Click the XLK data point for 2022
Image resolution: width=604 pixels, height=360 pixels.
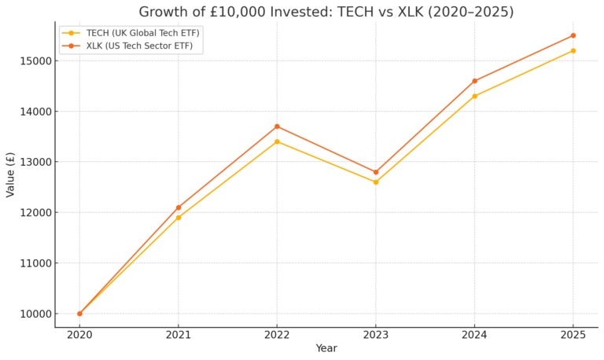[277, 127]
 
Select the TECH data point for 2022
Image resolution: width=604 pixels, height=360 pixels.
[277, 141]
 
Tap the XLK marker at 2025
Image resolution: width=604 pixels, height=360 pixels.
[573, 35]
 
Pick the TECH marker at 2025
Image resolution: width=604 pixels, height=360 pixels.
[573, 50]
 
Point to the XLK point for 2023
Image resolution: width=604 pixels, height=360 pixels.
[376, 172]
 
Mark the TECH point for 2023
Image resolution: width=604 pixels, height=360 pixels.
[376, 182]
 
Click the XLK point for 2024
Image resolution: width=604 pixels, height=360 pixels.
[474, 81]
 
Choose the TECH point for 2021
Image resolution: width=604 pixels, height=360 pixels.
[179, 218]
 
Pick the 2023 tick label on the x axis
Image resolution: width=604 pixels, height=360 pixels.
[376, 336]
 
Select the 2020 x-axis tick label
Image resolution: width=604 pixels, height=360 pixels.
[79, 336]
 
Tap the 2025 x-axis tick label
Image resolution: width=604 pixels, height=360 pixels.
[573, 336]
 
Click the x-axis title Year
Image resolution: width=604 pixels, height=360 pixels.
[326, 349]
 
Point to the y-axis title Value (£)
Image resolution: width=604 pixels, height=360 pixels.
[11, 174]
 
